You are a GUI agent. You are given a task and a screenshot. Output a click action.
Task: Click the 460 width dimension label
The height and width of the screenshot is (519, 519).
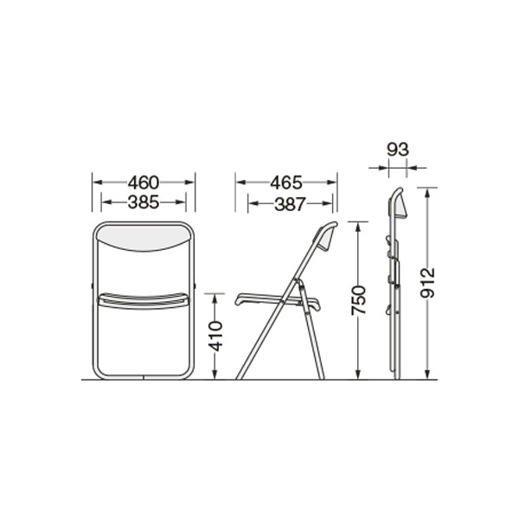pos(144,183)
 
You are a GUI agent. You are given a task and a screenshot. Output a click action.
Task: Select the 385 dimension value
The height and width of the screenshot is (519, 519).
pos(144,202)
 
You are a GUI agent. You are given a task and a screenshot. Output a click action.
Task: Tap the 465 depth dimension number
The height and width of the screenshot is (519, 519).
pos(286,183)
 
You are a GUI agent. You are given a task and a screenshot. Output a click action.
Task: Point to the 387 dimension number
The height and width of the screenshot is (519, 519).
pos(289,204)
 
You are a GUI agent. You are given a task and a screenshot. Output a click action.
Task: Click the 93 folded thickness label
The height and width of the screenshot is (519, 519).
pos(398,150)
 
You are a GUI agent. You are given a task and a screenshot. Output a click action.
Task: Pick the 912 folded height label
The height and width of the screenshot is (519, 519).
pos(427,283)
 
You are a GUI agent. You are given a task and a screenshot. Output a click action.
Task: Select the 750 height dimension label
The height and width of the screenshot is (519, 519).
pos(359,300)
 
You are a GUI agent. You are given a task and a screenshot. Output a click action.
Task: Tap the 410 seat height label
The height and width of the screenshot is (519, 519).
pos(215,336)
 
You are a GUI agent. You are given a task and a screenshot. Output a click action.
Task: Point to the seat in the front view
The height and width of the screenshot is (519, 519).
pos(144,301)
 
